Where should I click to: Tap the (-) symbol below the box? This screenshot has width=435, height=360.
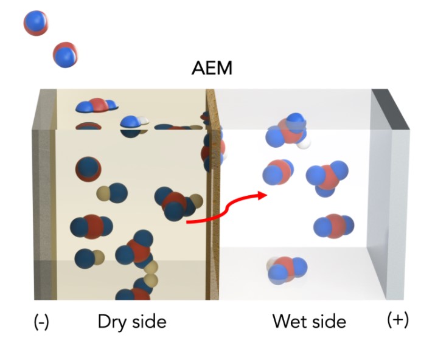point(41,322)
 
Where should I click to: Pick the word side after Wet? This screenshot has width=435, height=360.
point(329,321)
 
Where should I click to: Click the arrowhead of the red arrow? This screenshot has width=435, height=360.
point(262,195)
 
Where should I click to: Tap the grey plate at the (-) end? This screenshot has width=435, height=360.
point(43,195)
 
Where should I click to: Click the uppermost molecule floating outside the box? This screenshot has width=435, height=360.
point(36,22)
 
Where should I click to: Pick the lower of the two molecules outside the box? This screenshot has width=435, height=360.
point(65,55)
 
